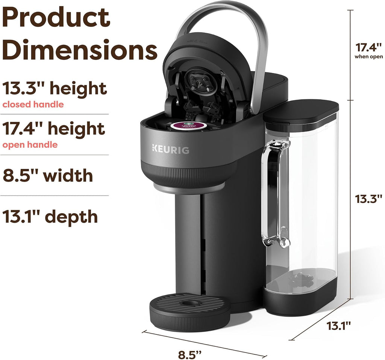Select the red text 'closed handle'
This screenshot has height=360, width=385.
click(33, 104)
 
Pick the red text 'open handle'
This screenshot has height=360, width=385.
click(30, 144)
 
